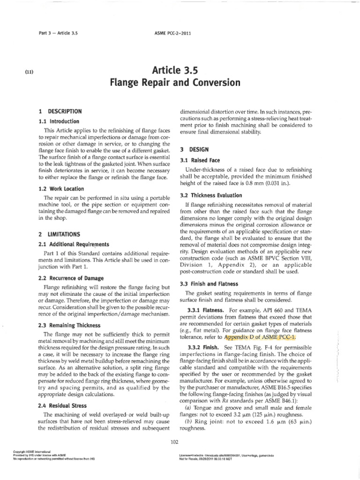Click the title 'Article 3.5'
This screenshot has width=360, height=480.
[x=180, y=70]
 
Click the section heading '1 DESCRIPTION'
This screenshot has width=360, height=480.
[x=61, y=112]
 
